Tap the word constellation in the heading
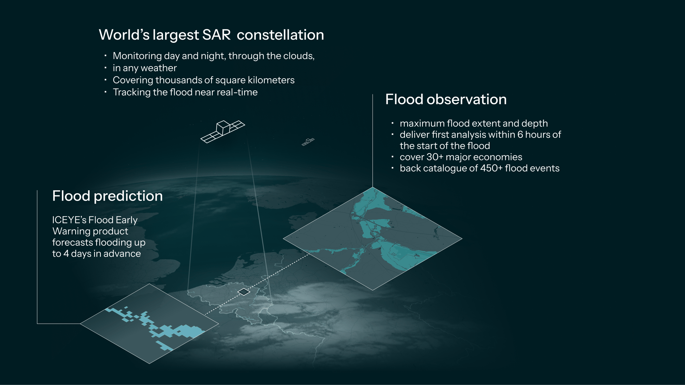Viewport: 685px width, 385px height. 280,35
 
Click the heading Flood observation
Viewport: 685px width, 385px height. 446,99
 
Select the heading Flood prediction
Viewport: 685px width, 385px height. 107,196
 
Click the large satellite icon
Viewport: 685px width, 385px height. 223,131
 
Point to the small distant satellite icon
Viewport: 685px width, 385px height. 308,141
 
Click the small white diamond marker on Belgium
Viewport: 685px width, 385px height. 244,292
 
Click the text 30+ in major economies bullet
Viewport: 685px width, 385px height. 435,157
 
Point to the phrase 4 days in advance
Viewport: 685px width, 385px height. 102,254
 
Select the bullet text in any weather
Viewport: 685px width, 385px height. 145,68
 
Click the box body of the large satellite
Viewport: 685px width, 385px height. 223,128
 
